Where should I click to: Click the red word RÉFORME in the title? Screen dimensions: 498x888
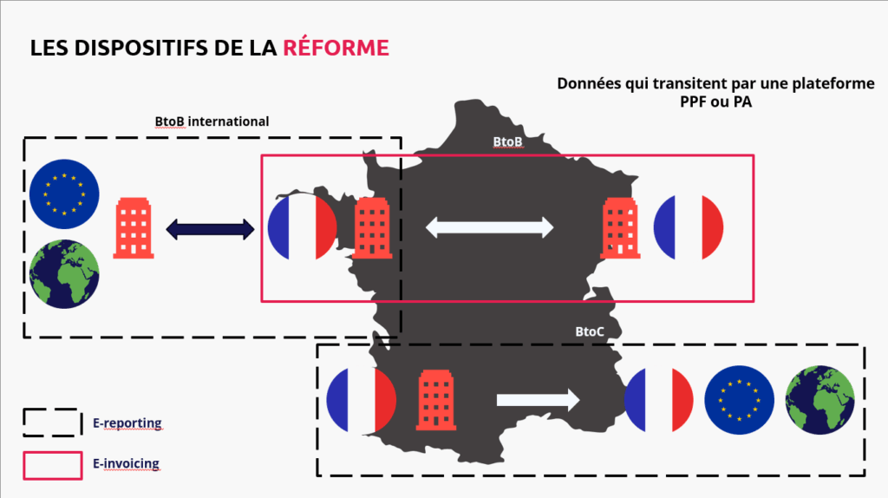(336, 48)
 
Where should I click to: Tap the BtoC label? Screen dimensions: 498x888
(590, 331)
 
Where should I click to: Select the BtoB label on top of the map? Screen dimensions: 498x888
(506, 141)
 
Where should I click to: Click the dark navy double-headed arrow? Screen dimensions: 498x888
(210, 229)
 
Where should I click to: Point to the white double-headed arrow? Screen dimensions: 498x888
(489, 227)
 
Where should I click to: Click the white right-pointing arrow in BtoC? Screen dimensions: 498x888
(538, 399)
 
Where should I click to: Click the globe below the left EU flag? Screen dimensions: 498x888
(63, 273)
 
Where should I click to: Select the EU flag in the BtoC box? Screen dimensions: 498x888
(739, 400)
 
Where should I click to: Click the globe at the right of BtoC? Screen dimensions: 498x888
(819, 400)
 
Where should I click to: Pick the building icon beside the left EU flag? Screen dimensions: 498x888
(134, 229)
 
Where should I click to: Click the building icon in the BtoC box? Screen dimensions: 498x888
(436, 400)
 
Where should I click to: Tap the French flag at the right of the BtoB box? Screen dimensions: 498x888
(688, 227)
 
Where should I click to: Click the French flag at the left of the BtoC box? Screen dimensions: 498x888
(361, 400)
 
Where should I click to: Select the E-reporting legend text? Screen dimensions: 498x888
(127, 423)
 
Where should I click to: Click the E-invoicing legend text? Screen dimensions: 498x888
(126, 463)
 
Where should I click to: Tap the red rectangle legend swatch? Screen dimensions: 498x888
(53, 465)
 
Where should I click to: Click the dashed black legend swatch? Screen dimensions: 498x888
(53, 423)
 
